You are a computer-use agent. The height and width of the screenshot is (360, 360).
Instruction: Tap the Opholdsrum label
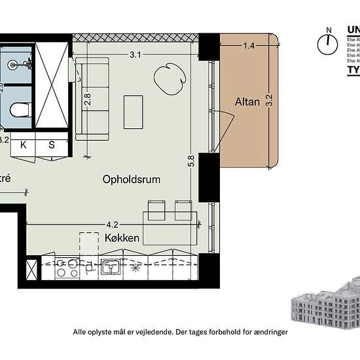pyautogui.click(x=132, y=179)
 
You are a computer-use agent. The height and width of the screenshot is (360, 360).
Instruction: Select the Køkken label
pyautogui.click(x=122, y=238)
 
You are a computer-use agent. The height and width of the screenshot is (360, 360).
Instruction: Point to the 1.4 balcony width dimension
pyautogui.click(x=249, y=46)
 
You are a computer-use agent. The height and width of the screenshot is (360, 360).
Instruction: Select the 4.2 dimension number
pyautogui.click(x=112, y=223)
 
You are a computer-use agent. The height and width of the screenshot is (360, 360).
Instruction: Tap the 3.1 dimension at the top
pyautogui.click(x=135, y=55)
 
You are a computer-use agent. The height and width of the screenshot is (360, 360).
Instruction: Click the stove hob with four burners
pyautogui.click(x=65, y=268)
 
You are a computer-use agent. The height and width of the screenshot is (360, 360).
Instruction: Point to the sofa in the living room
pyautogui.click(x=92, y=98)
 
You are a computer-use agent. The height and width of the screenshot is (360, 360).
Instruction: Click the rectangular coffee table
pyautogui.click(x=134, y=112)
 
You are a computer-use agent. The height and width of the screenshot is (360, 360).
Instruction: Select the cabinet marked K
pyautogui.click(x=24, y=145)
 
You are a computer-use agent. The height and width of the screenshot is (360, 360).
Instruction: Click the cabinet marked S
pyautogui.click(x=52, y=145)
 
